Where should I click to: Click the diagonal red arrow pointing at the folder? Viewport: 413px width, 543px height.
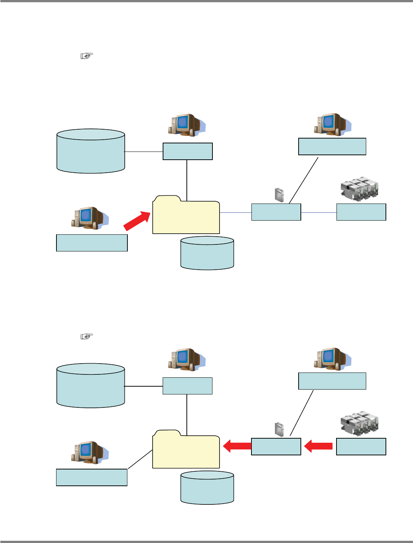pyautogui.click(x=137, y=221)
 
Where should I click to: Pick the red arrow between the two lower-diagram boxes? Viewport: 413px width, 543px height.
pyautogui.click(x=318, y=446)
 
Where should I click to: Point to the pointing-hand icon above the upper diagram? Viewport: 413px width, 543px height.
pyautogui.click(x=87, y=56)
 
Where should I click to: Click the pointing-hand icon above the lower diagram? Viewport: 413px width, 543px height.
pyautogui.click(x=87, y=336)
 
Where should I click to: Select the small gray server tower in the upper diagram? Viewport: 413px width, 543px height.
pyautogui.click(x=279, y=195)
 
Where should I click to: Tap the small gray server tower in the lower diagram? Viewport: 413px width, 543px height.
pyautogui.click(x=279, y=429)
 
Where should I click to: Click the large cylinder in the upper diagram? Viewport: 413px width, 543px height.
pyautogui.click(x=91, y=151)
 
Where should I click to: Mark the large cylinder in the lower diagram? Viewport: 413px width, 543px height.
pyautogui.click(x=91, y=386)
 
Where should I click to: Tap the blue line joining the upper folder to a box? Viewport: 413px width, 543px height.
pyautogui.click(x=235, y=212)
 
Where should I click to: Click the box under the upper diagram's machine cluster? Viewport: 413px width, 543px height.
pyautogui.click(x=361, y=212)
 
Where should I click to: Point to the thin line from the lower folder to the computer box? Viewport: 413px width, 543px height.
pyautogui.click(x=140, y=459)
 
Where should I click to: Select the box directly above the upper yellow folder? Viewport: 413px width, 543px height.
pyautogui.click(x=188, y=151)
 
